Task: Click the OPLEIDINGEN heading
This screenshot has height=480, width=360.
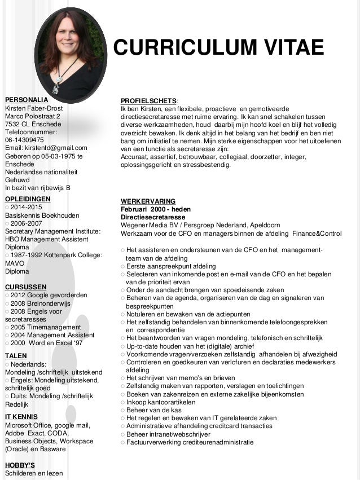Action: tap(28, 199)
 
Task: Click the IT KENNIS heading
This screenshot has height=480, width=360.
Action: tap(21, 416)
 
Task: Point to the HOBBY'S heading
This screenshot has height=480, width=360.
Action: tap(20, 465)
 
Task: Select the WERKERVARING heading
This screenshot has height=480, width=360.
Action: tap(148, 201)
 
